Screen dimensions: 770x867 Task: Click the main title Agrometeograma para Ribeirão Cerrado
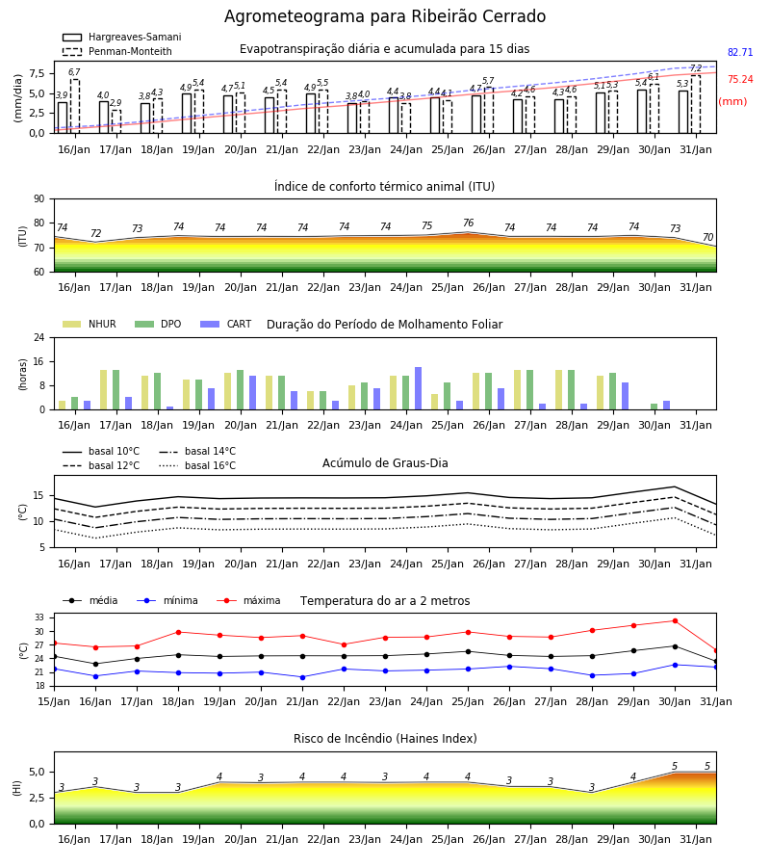pos(385,16)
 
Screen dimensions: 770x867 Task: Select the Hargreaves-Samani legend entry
pos(122,37)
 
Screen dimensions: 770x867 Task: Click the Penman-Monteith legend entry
pos(117,51)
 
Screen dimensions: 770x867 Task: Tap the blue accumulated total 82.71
pos(740,53)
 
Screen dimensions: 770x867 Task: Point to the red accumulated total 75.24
pos(740,80)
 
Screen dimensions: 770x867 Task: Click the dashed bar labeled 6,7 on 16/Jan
pos(74,106)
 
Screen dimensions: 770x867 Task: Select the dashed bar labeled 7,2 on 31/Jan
pos(696,104)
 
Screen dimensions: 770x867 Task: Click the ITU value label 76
pos(469,223)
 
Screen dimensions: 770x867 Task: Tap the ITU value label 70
pos(707,237)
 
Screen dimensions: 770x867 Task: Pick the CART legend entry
pos(226,324)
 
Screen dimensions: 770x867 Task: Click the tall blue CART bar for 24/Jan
pos(418,388)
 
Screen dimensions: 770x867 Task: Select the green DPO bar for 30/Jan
pos(654,407)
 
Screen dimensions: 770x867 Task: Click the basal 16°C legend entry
pos(197,465)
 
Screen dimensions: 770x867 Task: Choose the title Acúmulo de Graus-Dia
pos(385,463)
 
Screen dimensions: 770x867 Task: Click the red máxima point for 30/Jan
pos(675,621)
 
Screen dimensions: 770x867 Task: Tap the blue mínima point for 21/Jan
pos(302,677)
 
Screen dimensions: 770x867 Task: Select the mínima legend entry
pos(167,600)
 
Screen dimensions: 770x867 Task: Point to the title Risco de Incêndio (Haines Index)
pos(385,739)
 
